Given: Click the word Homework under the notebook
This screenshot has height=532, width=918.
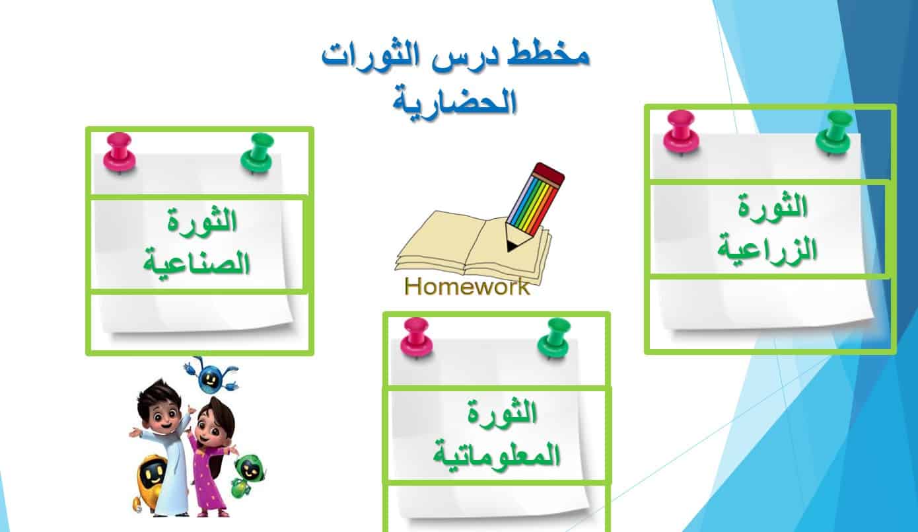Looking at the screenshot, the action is (467, 286).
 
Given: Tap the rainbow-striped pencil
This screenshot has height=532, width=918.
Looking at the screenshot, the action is (534, 206).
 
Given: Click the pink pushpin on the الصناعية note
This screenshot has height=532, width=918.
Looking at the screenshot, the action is (120, 152).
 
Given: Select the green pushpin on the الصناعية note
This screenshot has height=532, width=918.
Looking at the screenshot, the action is (258, 153).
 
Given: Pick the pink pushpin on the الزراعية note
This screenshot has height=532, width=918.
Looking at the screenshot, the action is (682, 132).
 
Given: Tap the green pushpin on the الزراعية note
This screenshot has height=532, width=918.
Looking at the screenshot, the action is (834, 132).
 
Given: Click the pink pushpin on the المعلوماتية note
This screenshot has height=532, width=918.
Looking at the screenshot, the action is (416, 338).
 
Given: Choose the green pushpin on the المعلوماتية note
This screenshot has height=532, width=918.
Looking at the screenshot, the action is (555, 339).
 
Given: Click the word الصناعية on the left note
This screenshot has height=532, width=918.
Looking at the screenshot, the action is (197, 263).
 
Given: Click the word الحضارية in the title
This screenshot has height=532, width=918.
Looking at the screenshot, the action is (455, 101).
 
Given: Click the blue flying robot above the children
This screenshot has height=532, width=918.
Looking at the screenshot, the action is (211, 375).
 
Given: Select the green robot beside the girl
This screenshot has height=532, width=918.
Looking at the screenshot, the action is (247, 476).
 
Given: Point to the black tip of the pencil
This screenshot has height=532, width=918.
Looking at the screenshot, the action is (511, 246).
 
